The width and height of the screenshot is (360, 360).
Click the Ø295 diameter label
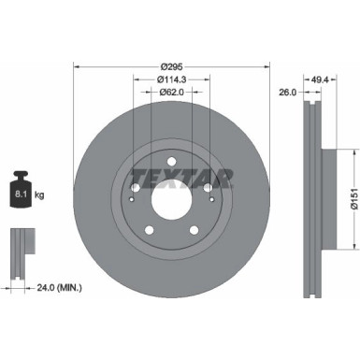point(171,66)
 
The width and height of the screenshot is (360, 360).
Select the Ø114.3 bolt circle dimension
point(171,79)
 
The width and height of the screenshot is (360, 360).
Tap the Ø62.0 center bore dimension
point(171,93)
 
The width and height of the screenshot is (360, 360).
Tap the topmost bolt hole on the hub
point(171,161)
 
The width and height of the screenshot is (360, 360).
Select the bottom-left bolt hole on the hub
point(149,229)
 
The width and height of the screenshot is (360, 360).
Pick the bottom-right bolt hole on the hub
point(194,229)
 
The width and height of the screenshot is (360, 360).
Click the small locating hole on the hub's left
point(132,198)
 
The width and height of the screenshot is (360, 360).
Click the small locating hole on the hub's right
point(211,198)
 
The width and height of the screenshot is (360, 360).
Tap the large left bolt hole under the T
point(136,187)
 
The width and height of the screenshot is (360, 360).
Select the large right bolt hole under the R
point(208,187)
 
